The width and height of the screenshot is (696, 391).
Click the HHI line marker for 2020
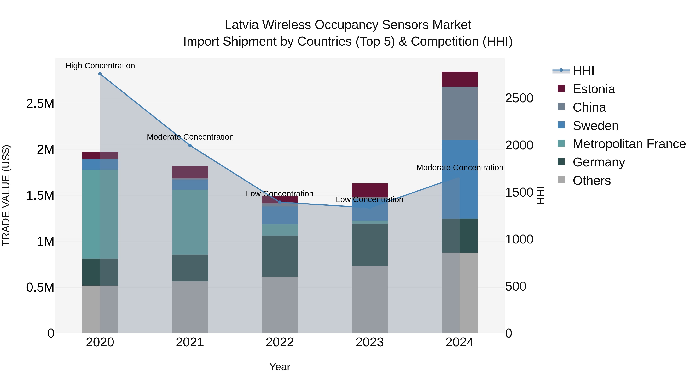100,74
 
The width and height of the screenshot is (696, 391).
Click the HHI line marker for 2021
190,145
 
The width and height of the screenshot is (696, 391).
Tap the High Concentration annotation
100,66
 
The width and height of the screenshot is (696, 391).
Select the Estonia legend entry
594,89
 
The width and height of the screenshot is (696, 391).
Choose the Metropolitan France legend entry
629,144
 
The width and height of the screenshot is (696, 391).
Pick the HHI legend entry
583,71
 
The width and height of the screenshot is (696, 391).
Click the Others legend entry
591,181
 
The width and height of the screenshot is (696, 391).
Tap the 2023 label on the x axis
370,342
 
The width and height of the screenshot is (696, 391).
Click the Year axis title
280,367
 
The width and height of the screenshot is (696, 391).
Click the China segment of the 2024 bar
460,113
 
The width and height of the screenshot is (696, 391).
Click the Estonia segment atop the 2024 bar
460,79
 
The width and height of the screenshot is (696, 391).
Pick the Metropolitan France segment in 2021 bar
190,222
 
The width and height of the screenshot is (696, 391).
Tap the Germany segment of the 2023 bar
370,245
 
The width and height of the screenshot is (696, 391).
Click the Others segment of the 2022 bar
280,305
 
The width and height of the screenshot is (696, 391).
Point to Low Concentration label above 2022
280,194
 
